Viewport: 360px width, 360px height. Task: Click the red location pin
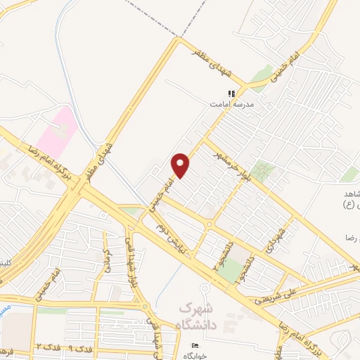[x=181, y=165]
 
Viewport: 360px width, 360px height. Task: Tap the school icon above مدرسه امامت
[x=230, y=94]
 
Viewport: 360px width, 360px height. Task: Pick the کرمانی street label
[x=108, y=261]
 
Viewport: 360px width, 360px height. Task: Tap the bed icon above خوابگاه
[x=195, y=345]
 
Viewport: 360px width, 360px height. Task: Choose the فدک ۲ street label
[x=46, y=348]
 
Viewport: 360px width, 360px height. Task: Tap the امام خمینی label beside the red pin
[x=160, y=192]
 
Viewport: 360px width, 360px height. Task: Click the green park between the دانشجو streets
[x=231, y=267]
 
